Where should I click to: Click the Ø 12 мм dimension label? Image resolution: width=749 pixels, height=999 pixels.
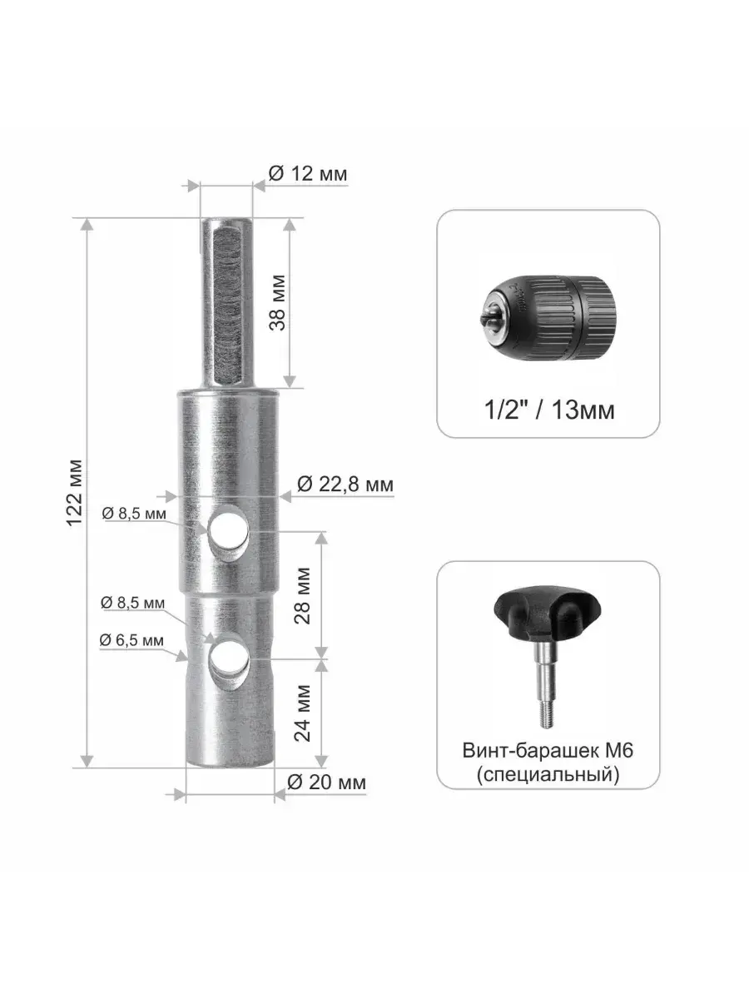pos(307,173)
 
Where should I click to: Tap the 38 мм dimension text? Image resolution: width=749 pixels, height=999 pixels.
pos(277,303)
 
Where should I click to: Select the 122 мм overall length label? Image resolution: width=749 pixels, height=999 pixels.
pos(75,493)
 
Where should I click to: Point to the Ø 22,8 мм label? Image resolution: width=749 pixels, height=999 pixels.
pos(345,485)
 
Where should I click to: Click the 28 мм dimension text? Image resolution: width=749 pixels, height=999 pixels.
pos(302,596)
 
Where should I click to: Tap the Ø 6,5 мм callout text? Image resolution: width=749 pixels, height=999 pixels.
pos(131,640)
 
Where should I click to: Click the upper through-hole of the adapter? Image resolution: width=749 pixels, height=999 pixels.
pos(228,529)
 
